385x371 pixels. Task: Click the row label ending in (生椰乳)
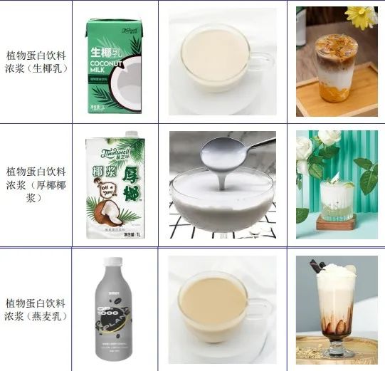tap(36, 62)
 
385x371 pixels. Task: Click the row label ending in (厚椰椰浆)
tap(36, 184)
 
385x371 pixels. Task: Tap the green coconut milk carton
tap(114, 66)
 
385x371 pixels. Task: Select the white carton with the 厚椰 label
tap(114, 187)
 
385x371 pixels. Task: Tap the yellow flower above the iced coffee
tap(363, 16)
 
